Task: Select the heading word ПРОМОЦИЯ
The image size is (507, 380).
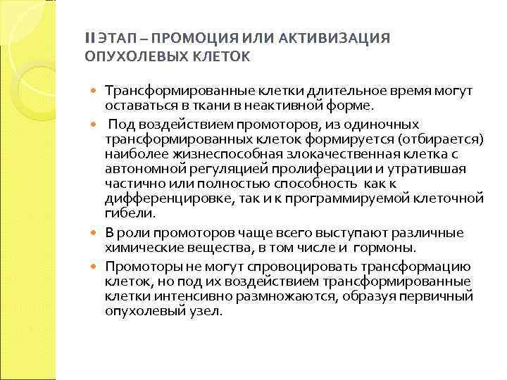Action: (x=180, y=37)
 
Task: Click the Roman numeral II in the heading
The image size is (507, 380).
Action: (x=89, y=37)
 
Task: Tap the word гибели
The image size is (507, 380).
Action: (x=125, y=212)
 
